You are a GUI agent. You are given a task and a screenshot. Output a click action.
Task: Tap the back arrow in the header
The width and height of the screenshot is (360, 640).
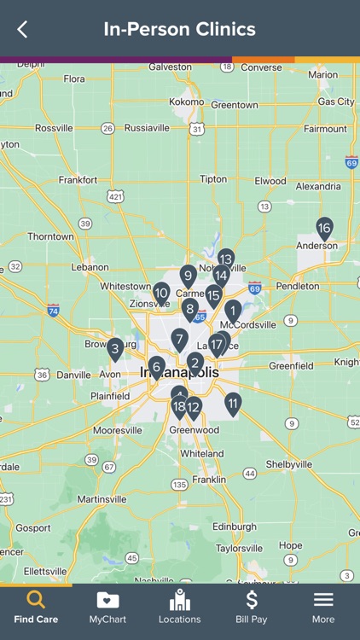(x=22, y=30)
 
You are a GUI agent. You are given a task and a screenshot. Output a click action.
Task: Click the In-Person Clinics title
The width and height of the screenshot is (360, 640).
(x=179, y=30)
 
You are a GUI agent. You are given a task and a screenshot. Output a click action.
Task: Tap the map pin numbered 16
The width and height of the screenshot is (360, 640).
(x=324, y=228)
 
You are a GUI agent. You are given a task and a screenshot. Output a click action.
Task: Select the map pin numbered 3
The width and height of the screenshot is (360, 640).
(x=115, y=348)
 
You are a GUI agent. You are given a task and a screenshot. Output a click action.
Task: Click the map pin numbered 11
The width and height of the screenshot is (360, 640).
(x=233, y=403)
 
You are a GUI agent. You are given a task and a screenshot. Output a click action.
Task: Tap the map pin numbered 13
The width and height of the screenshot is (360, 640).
(x=225, y=258)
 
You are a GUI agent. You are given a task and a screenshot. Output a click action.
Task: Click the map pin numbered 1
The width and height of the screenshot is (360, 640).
(x=233, y=310)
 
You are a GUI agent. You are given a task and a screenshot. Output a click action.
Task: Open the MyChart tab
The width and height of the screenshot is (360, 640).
(x=107, y=605)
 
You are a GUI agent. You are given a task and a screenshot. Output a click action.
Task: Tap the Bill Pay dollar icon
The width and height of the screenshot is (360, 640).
(x=252, y=600)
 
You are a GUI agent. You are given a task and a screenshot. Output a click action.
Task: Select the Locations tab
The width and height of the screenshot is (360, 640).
(x=179, y=605)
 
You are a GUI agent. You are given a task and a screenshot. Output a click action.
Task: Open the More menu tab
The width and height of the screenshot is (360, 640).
(x=323, y=605)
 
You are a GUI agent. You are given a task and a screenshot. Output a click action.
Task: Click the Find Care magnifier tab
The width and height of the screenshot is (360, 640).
(x=36, y=605)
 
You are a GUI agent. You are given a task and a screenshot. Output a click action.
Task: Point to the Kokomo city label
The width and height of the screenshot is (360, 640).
(x=187, y=102)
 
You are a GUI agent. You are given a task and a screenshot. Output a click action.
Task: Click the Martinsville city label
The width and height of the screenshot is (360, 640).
(x=102, y=499)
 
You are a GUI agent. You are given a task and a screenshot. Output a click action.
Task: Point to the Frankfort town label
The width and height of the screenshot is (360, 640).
(x=78, y=180)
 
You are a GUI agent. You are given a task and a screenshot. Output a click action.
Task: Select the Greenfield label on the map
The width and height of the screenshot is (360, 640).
(x=292, y=366)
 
